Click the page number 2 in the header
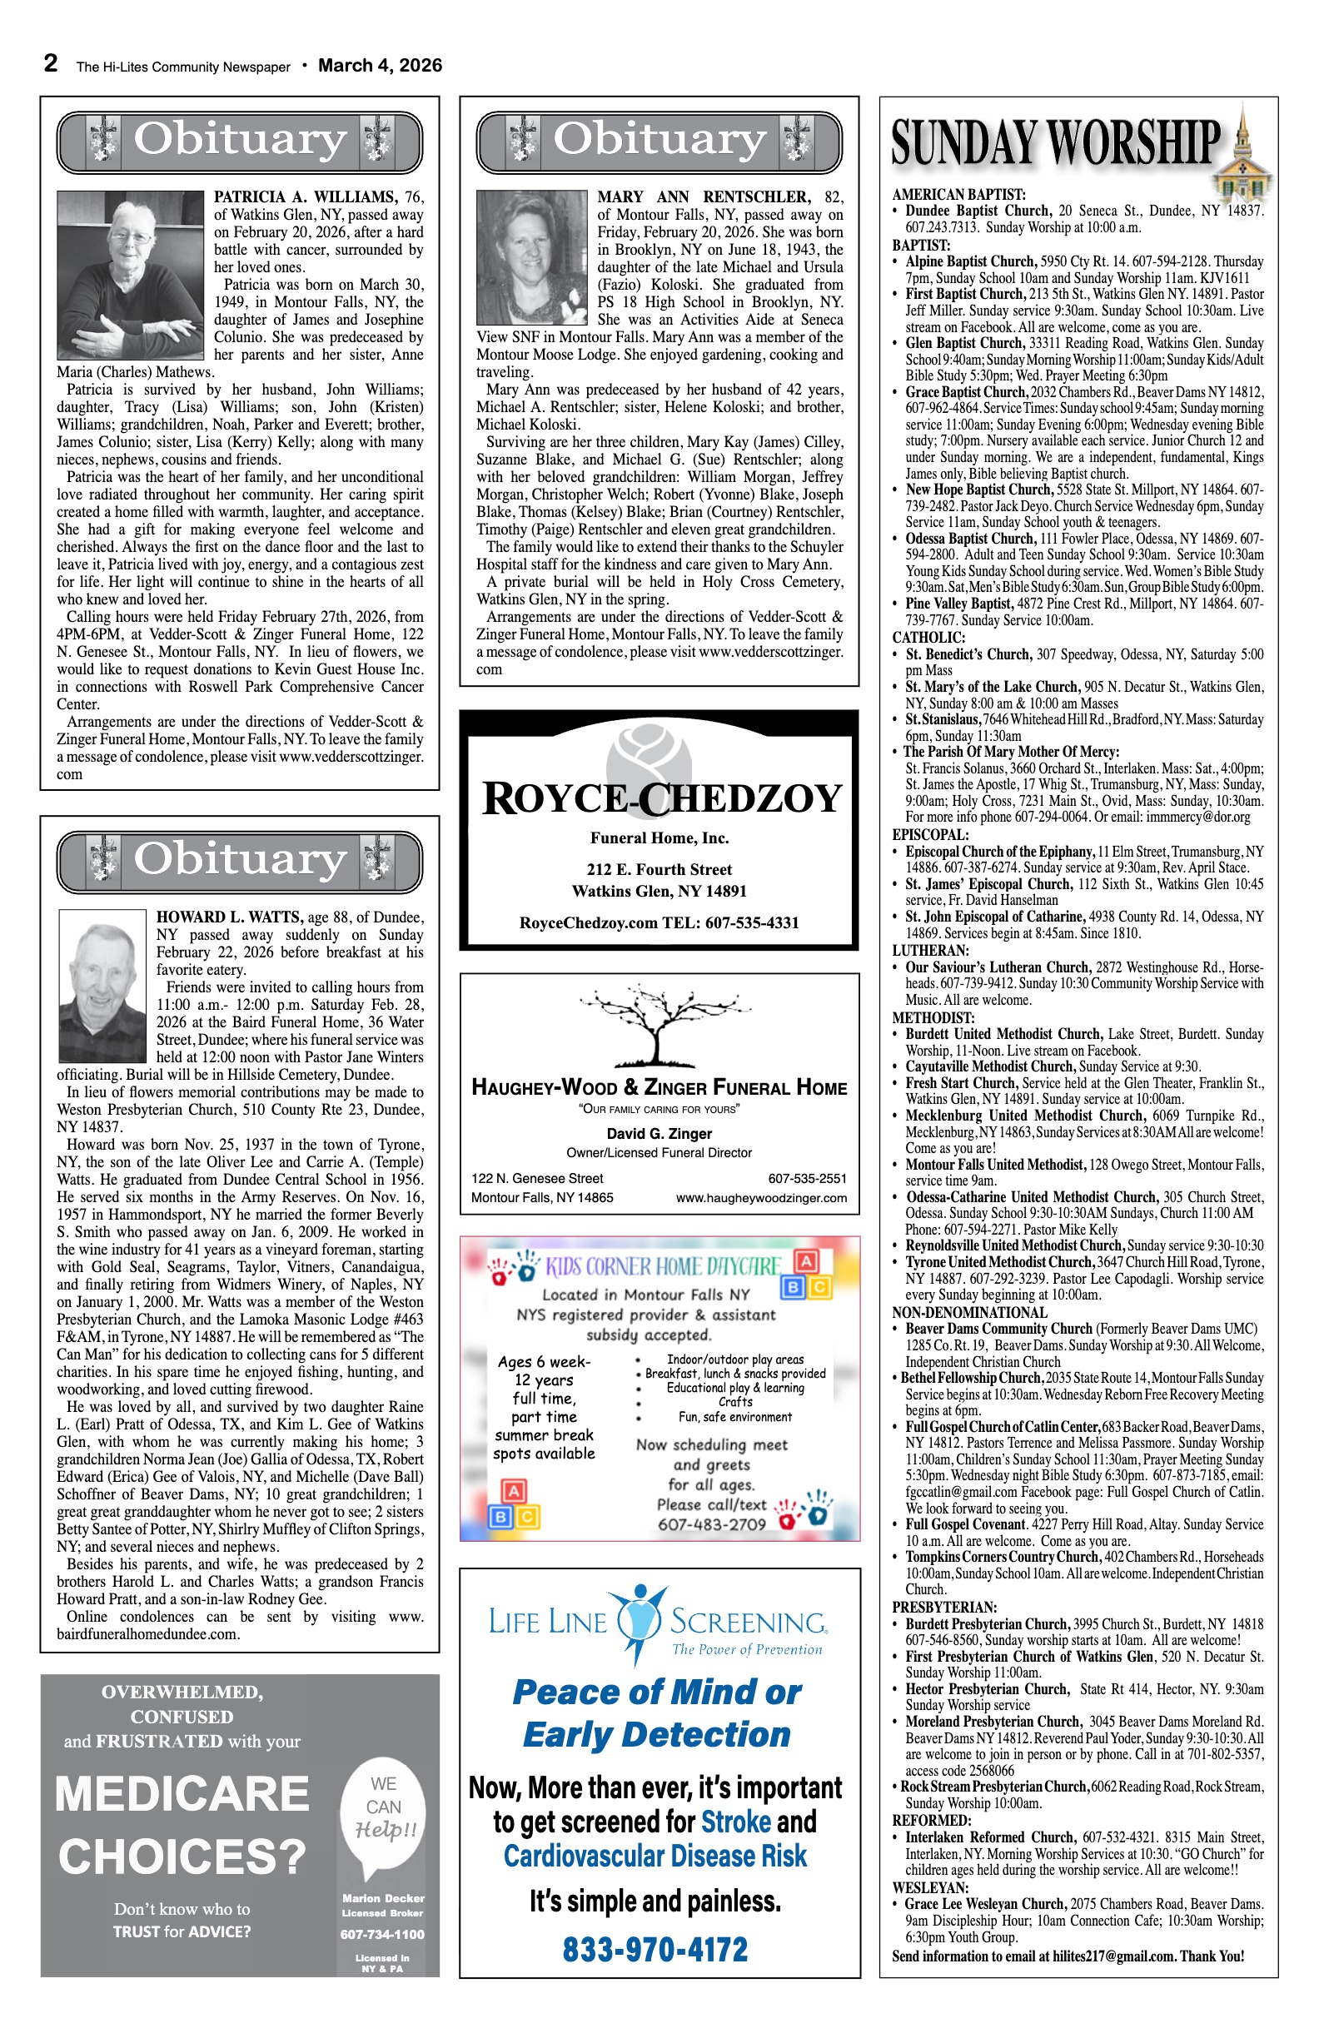tap(52, 63)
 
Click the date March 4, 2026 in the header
tap(380, 66)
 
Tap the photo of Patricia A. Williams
tap(130, 274)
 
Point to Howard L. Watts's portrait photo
tap(102, 985)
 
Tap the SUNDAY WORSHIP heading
tap(1055, 142)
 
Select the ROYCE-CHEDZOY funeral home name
tap(661, 798)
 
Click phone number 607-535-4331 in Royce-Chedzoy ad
tap(752, 923)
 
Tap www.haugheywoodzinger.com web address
tap(760, 1198)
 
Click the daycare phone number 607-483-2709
tap(711, 1524)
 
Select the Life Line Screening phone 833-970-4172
tap(655, 1949)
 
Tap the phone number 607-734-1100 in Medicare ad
tap(382, 1935)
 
